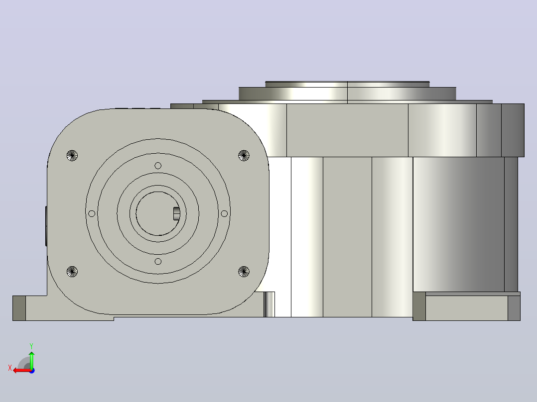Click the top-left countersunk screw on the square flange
[x=72, y=155]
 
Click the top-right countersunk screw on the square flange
[x=244, y=155]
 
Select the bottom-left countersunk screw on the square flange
[x=72, y=272]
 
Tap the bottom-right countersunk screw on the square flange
[x=244, y=272]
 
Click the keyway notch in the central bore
[x=176, y=213]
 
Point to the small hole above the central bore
[x=158, y=166]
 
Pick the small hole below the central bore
[x=158, y=261]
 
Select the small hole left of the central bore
[x=92, y=213]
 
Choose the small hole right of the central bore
[x=224, y=213]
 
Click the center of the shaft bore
[x=157, y=213]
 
